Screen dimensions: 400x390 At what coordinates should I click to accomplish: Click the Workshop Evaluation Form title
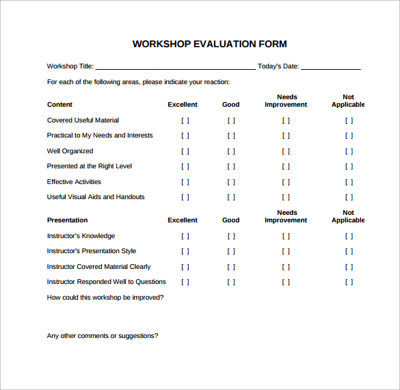(x=209, y=44)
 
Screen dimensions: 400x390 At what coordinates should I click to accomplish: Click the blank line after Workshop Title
(x=175, y=67)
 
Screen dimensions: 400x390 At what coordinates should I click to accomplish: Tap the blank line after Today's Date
(x=330, y=67)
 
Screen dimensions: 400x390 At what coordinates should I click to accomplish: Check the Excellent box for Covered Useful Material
(x=185, y=120)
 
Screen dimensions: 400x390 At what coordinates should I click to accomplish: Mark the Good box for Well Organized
(x=231, y=151)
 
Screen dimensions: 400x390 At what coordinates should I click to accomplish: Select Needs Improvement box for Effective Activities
(x=286, y=182)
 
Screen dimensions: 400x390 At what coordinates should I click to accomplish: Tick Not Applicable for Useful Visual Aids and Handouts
(x=349, y=198)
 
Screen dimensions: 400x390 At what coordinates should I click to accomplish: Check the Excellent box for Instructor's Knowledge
(x=185, y=236)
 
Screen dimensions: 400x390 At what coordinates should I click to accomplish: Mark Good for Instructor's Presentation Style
(x=231, y=251)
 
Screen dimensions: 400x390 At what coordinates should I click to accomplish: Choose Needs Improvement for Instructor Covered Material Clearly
(x=286, y=267)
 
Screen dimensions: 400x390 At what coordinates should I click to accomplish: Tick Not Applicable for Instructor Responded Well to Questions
(x=349, y=282)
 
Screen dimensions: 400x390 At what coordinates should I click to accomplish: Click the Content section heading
(x=59, y=105)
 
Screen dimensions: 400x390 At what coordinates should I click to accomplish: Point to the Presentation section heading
(x=67, y=220)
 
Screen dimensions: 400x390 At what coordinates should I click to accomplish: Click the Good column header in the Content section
(x=231, y=105)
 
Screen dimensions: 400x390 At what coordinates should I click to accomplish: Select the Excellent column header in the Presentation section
(x=183, y=220)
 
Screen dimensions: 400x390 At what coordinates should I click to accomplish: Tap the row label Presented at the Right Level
(x=90, y=166)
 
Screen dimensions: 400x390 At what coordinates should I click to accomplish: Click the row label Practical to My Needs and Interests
(x=100, y=135)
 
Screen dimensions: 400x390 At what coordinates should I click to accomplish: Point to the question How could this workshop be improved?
(x=105, y=298)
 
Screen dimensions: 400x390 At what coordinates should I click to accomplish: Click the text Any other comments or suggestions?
(x=103, y=336)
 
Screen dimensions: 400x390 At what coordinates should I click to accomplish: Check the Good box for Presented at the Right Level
(x=231, y=167)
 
